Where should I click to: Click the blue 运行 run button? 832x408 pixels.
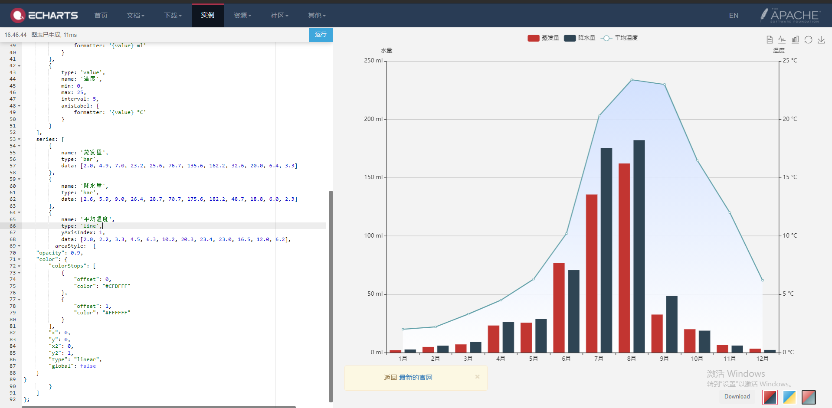(x=321, y=35)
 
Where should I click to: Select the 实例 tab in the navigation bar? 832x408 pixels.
(x=208, y=15)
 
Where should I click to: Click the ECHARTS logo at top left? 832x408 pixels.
(x=45, y=15)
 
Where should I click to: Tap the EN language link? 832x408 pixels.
(x=734, y=16)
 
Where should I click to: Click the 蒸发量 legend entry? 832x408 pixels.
(x=543, y=38)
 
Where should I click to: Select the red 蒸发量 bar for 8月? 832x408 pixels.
(x=624, y=258)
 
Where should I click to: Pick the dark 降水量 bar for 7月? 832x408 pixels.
(x=606, y=250)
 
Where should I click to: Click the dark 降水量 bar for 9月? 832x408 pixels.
(x=671, y=324)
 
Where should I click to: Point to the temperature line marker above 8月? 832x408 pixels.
(x=632, y=80)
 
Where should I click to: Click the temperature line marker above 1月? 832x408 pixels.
(x=403, y=329)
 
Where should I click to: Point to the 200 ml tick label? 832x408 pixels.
(x=373, y=119)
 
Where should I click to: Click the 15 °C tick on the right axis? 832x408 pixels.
(x=789, y=177)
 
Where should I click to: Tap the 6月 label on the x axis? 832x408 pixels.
(x=566, y=359)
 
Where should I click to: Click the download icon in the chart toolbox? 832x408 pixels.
(x=821, y=40)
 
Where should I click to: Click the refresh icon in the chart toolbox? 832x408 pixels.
(x=808, y=40)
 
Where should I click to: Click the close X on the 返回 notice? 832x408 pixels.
(x=477, y=377)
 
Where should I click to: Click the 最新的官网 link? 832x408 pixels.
(x=416, y=378)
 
